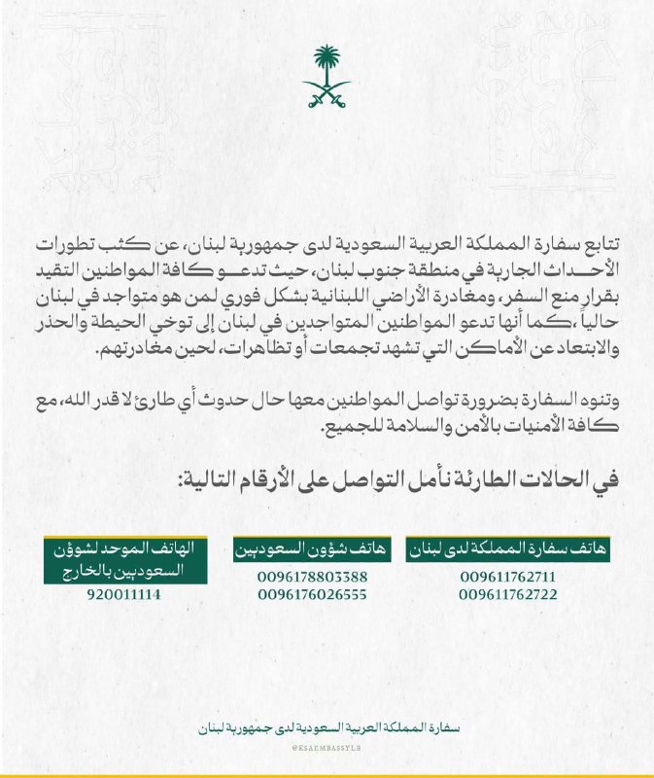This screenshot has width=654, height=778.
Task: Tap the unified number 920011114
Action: (x=123, y=593)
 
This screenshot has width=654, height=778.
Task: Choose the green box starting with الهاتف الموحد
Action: (x=123, y=555)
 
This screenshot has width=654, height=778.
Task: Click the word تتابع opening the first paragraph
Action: (x=591, y=241)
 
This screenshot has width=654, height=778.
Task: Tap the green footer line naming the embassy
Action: (x=327, y=726)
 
